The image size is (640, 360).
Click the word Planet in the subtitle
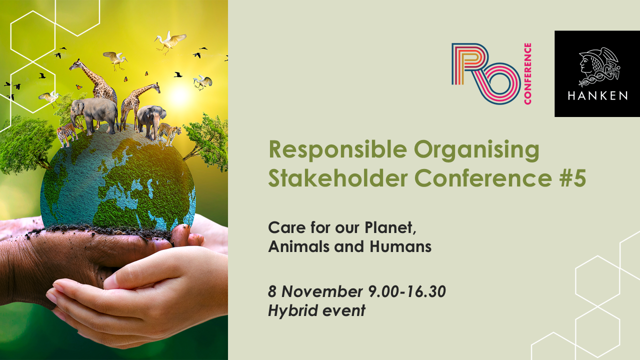point(390,228)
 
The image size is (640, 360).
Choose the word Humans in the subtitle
point(400,246)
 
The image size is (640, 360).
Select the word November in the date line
point(322,291)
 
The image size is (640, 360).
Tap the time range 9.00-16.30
point(407,291)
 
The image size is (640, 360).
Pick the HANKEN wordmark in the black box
point(597,96)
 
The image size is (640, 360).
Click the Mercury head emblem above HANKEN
point(599,67)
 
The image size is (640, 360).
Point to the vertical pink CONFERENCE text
point(527,73)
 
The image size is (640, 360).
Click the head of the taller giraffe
point(75,64)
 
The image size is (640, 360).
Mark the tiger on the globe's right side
point(169,133)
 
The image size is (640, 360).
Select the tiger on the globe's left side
point(67,133)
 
